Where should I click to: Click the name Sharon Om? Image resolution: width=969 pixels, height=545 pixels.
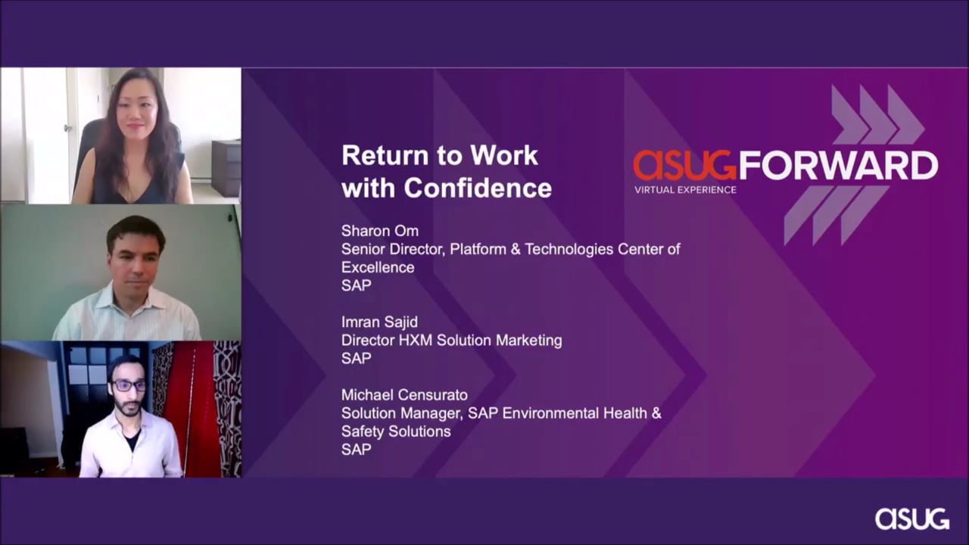coord(380,231)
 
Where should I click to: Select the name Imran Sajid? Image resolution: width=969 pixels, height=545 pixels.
coord(379,322)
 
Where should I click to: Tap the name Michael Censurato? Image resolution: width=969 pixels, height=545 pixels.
coord(404,395)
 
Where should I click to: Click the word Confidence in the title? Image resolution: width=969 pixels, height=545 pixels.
coord(478,188)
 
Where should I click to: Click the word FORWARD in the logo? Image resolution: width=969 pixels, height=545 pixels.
coord(838,165)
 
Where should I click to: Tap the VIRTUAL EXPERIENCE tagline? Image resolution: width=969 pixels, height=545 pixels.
coord(685,190)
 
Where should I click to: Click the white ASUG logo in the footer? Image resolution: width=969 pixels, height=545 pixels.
coord(912,519)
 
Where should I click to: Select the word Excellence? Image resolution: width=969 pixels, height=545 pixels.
coord(378,267)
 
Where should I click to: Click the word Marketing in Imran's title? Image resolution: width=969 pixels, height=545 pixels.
coord(528,341)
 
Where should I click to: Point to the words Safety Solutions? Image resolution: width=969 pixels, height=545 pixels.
coord(396,431)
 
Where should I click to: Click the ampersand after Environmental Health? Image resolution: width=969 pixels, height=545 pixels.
coord(656,413)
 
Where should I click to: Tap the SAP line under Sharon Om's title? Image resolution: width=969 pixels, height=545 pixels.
coord(356,285)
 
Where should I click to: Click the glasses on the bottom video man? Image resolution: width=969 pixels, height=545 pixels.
coord(129,385)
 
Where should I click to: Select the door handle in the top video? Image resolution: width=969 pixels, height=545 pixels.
coord(68,128)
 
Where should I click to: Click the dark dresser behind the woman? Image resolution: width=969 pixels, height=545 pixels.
coord(226,169)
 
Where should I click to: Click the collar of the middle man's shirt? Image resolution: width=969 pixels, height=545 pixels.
coord(129,298)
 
